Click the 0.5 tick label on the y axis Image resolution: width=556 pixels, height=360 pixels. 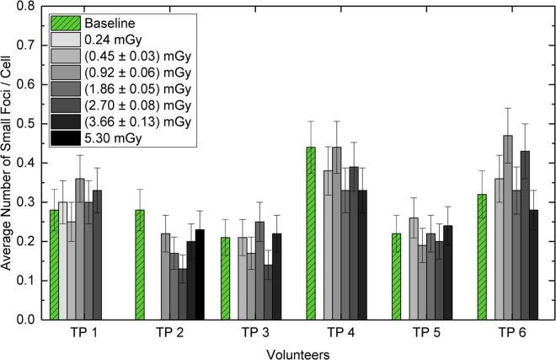[x=31, y=124]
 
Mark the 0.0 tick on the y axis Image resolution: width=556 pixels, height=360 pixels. [x=31, y=320]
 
